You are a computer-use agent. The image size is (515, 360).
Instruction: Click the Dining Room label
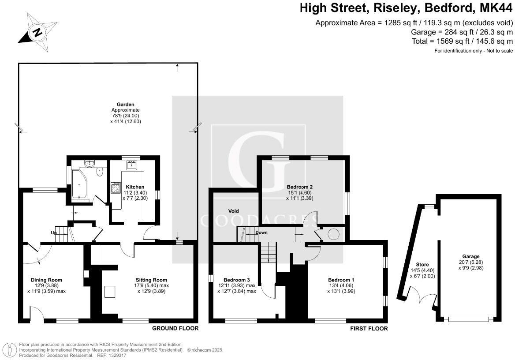click(x=46, y=280)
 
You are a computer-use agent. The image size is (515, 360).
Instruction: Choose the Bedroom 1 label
click(x=341, y=280)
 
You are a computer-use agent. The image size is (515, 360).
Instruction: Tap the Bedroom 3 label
click(x=237, y=280)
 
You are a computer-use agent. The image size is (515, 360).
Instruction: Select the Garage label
click(x=470, y=256)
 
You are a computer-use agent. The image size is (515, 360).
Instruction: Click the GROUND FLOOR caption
click(x=175, y=328)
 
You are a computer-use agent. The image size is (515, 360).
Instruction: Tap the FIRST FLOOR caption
click(x=369, y=328)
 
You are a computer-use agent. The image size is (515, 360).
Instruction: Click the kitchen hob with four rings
click(x=116, y=188)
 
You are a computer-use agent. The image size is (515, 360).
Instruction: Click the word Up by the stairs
click(x=54, y=232)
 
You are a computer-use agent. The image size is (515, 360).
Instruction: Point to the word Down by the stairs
click(x=261, y=232)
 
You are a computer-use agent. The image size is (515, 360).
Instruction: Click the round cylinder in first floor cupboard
click(x=332, y=234)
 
